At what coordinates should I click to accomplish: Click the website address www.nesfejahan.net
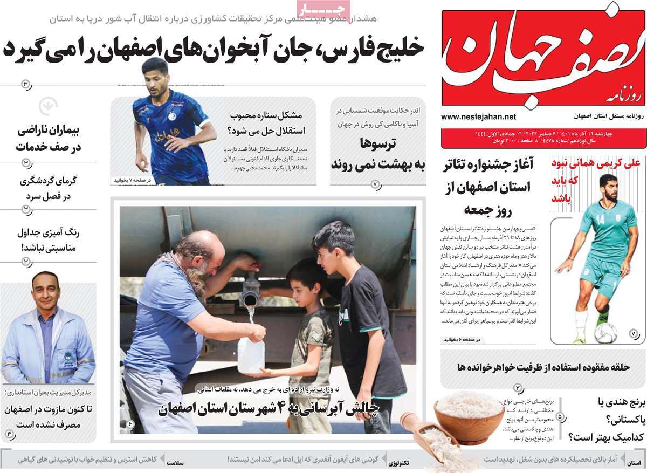478,116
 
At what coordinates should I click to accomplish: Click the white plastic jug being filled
251,354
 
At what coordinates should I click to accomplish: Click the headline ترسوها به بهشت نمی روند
377,154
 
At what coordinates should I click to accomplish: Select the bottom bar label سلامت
176,463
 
